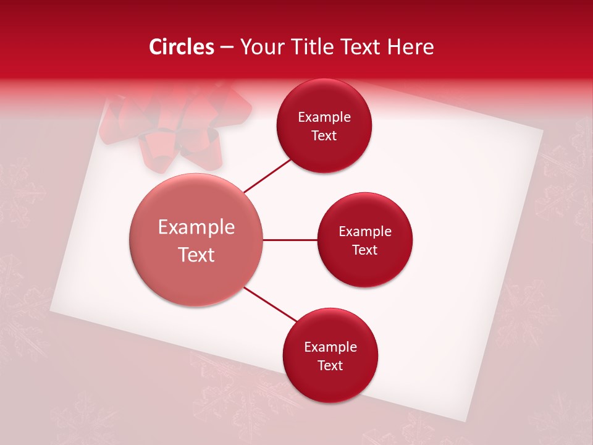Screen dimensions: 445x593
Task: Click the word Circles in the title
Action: (181, 47)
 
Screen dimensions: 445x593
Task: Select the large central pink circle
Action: (196, 240)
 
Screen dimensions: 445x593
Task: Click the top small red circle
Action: (324, 126)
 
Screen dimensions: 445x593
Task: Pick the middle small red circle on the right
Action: (364, 240)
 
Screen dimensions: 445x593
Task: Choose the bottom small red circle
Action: (330, 355)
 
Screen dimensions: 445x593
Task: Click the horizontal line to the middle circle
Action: (290, 240)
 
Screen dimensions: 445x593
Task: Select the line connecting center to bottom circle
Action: (271, 305)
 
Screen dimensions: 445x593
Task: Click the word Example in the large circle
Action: (196, 227)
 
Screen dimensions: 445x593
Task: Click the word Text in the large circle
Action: (196, 255)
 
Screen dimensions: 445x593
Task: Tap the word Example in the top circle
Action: (324, 117)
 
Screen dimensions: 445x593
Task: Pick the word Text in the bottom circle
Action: (330, 365)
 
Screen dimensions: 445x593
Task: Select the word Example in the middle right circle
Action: (364, 232)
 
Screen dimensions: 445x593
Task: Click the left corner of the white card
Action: (52, 309)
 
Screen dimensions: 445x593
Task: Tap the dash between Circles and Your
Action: (226, 48)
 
